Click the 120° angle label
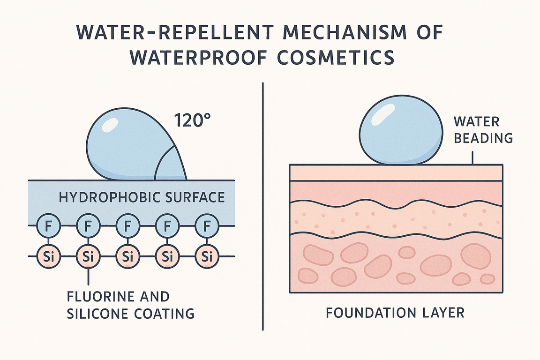[x=192, y=120]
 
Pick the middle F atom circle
[x=126, y=226]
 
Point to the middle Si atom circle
[x=126, y=256]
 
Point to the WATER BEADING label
[x=483, y=130]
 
